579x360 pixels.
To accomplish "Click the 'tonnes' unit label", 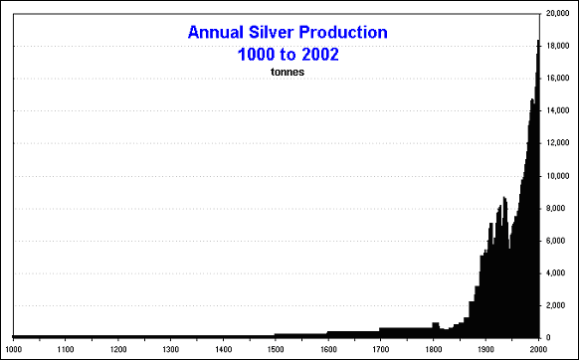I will [287, 72].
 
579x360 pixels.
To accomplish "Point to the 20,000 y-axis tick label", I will [558, 14].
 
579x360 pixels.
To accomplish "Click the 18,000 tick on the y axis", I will [558, 46].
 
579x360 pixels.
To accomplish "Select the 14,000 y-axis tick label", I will [558, 110].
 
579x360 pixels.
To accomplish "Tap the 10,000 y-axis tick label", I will [558, 175].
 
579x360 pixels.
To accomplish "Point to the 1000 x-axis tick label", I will [13, 349].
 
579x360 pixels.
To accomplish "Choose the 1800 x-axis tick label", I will [434, 349].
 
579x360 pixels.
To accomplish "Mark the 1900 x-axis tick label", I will [486, 349].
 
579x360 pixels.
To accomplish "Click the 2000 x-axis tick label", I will [538, 349].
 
